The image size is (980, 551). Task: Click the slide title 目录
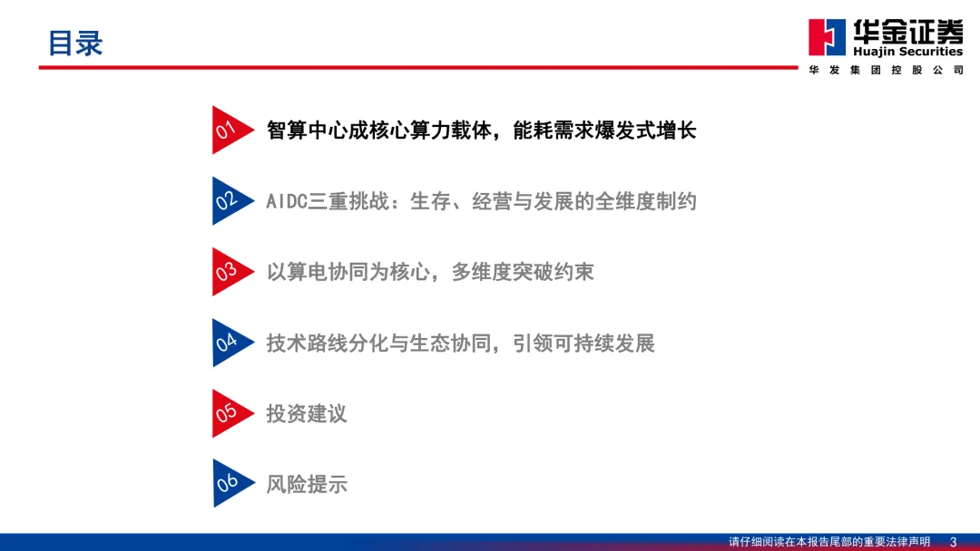coord(75,43)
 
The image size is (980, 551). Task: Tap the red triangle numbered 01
coord(230,130)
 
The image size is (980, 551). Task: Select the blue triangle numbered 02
coord(230,201)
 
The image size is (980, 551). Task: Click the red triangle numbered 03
coord(230,272)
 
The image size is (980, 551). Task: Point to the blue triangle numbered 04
coord(230,343)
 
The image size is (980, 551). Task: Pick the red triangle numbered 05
coord(230,413)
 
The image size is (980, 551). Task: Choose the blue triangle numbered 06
coord(230,484)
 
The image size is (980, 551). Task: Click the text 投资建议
coord(307,414)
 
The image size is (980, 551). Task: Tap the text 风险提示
coord(307,484)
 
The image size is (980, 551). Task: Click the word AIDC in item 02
coord(287,201)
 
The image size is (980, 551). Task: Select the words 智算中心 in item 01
coord(307,130)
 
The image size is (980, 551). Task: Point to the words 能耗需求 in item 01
coord(554,130)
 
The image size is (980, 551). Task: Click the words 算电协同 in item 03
coord(328,272)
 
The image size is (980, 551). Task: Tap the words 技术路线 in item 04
coord(307,343)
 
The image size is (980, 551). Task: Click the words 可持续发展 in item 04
coord(603,343)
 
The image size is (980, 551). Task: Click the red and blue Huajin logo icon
coord(827,37)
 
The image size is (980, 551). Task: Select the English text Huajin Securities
coord(907,51)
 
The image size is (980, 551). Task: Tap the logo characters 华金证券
coord(908,31)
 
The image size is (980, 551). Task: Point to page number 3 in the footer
coord(953,542)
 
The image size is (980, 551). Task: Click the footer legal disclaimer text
coord(829,542)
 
